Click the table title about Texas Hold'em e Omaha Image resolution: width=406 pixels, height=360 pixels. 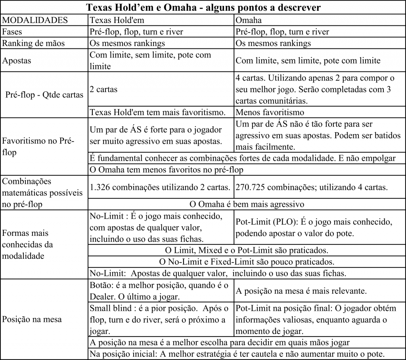tap(203, 7)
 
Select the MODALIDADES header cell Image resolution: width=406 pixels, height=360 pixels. tap(35, 20)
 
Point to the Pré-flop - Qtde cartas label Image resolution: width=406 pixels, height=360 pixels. tap(44, 95)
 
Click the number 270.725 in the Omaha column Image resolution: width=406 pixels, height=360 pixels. tap(251, 187)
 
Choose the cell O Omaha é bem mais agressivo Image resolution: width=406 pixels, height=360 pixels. tap(246, 204)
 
